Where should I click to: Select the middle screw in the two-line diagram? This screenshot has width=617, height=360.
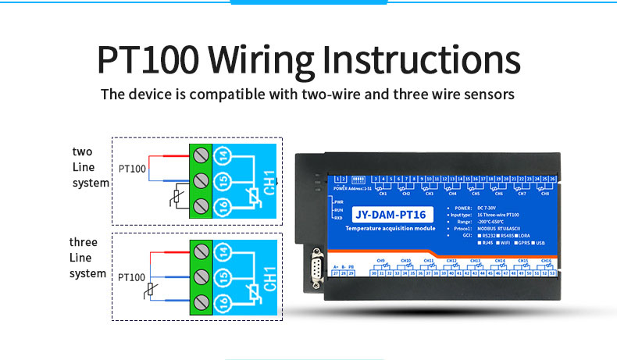(x=201, y=181)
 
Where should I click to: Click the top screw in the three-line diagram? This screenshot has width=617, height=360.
(x=201, y=251)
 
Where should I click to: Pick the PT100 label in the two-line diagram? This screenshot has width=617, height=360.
(x=132, y=168)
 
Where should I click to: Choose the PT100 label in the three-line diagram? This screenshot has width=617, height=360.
(x=132, y=276)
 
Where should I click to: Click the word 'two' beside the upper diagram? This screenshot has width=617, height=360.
(x=82, y=151)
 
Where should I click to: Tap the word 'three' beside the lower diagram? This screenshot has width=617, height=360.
(x=84, y=242)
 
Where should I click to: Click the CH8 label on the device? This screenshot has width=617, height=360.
(x=544, y=193)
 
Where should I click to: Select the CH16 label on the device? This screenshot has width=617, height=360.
(x=546, y=260)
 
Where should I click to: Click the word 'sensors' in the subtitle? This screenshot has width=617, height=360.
(x=486, y=94)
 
